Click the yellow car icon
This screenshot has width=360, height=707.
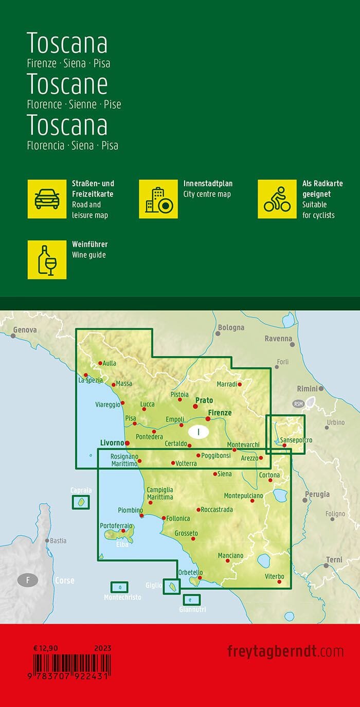pos(47,199)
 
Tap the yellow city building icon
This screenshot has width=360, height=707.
pos(158,199)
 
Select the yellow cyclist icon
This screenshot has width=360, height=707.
pos(277,199)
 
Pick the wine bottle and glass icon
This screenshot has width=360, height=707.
pos(47,260)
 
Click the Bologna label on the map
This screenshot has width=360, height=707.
pos(231,327)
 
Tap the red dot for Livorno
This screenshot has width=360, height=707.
pos(128,443)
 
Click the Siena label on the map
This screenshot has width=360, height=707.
pos(225,474)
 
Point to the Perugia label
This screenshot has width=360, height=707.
pos(317,494)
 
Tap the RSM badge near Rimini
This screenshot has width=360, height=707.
pos(299,403)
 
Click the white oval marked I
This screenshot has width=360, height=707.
pos(198,431)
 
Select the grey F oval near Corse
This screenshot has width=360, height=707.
pos(28,581)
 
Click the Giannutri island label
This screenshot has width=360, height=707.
pos(192,610)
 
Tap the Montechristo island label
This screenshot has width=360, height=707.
pos(122,597)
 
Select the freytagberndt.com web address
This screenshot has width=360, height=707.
pos(285,651)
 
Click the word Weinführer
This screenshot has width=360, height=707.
pos(90,244)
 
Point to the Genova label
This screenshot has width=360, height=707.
pos(25,329)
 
